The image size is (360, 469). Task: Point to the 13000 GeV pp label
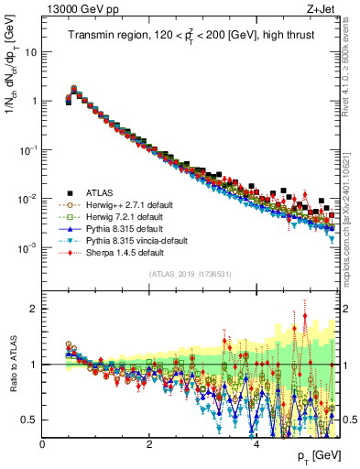point(79,11)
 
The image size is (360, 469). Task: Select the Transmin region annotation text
point(188,37)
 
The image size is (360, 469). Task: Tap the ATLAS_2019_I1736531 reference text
point(190,274)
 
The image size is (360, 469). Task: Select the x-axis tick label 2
point(149,445)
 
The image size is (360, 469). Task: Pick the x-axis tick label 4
point(256,445)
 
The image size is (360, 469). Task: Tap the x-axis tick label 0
point(43,445)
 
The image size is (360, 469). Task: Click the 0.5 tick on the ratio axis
point(31,420)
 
